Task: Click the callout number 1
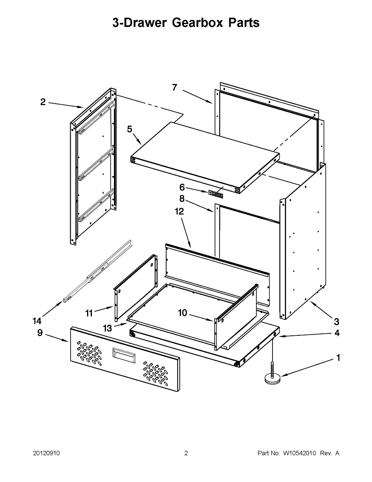click(338, 357)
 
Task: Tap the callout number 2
click(43, 102)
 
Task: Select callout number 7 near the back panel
click(175, 88)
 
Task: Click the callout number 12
click(179, 211)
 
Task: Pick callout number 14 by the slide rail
click(37, 321)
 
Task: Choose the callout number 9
click(40, 333)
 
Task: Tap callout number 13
click(107, 328)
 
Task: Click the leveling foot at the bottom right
click(273, 377)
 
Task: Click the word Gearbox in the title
click(197, 23)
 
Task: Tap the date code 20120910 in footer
click(46, 453)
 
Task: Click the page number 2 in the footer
click(186, 453)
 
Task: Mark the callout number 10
click(183, 312)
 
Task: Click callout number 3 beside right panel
click(336, 321)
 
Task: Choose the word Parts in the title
click(244, 23)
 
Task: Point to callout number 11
click(89, 313)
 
